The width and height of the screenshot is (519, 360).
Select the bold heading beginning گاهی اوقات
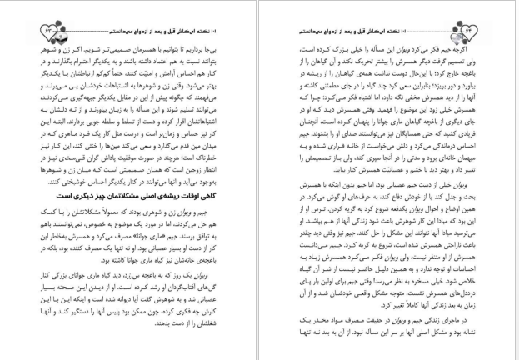coord(182,189)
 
